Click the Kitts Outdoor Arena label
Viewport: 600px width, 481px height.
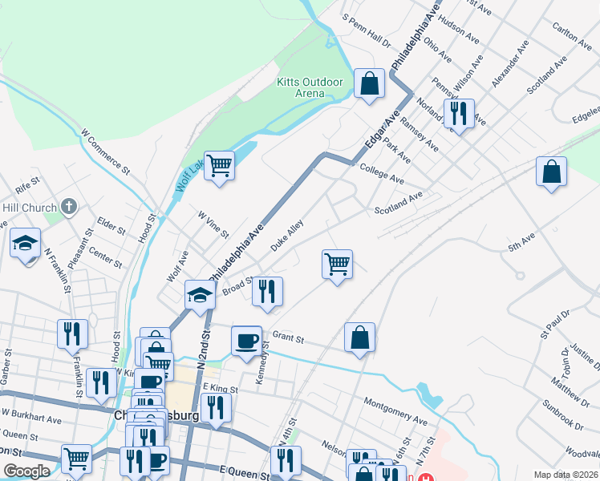coord(310,87)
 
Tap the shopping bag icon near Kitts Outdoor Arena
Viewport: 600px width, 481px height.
coord(368,83)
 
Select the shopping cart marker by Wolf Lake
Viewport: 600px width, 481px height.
coord(219,166)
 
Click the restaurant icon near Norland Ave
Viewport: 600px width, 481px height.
coord(459,114)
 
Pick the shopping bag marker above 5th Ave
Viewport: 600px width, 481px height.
coord(552,172)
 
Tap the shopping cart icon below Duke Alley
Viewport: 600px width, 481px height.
coord(338,265)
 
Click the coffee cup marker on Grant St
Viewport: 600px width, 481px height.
coord(247,341)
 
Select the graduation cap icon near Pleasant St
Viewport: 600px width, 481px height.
coord(26,242)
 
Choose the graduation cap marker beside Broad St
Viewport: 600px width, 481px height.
coord(200,295)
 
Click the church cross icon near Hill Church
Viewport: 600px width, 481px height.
coord(68,208)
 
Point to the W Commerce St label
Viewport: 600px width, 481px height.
coord(105,150)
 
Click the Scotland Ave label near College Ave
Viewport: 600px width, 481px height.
coord(398,204)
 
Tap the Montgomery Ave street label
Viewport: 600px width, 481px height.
coord(395,409)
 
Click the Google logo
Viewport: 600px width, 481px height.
coord(26,471)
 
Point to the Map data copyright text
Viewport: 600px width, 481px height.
coord(566,475)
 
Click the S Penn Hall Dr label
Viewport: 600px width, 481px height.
coord(366,29)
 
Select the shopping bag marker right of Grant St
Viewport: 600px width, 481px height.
coord(360,338)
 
